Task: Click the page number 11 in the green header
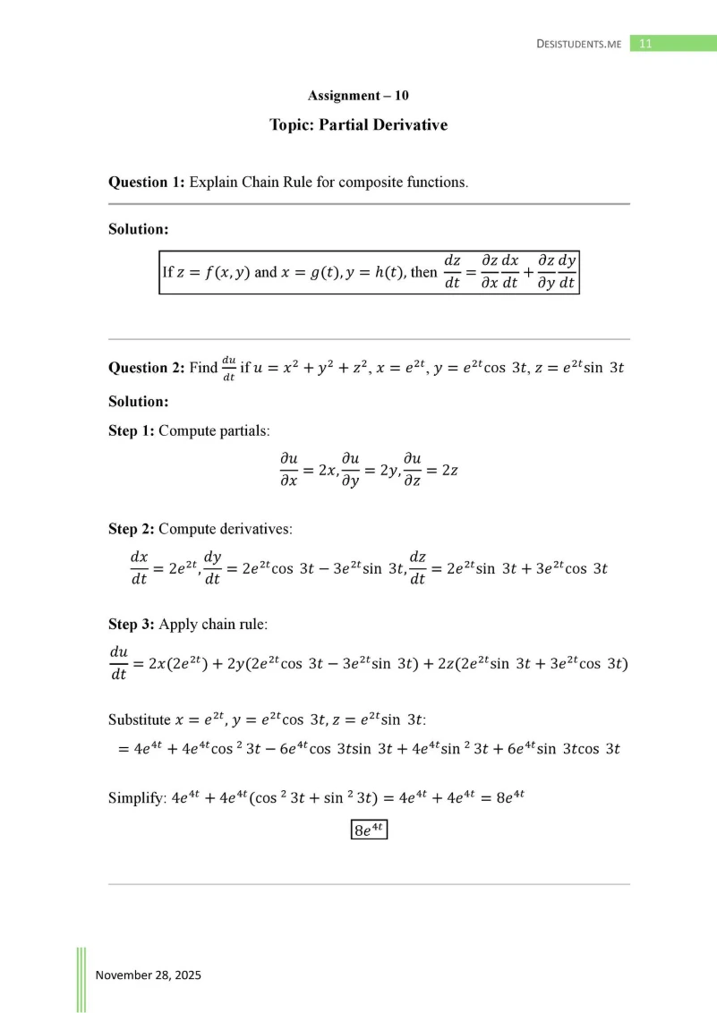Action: [645, 43]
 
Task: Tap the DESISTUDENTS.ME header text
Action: [578, 44]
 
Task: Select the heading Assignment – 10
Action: [358, 95]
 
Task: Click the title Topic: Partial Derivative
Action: [358, 125]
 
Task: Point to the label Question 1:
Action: [147, 183]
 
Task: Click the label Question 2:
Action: [147, 368]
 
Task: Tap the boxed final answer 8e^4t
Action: [368, 830]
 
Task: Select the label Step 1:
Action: [131, 430]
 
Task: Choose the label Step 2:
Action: [131, 529]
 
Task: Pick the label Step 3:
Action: [131, 624]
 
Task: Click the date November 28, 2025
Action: [149, 975]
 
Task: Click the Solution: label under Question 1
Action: [139, 229]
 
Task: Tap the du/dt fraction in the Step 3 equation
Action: [118, 663]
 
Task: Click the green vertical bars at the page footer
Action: [81, 979]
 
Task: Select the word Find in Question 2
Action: [203, 368]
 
